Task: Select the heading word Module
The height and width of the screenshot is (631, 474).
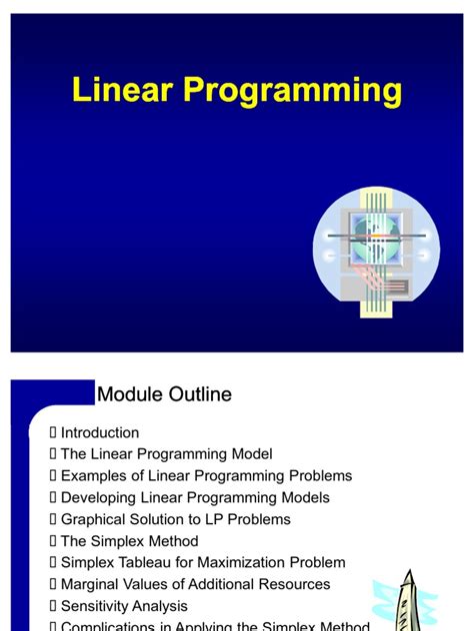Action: pos(129,394)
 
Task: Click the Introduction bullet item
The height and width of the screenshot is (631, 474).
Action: pos(100,432)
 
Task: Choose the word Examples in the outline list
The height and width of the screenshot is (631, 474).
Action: pos(94,476)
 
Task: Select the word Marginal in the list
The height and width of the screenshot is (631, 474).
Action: pos(92,584)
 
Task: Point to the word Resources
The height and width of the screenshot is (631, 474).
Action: pos(295,584)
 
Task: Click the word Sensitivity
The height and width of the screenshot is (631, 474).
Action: pos(97,606)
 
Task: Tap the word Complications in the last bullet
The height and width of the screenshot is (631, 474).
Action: pos(107,626)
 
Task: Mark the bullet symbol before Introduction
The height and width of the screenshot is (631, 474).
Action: pos(53,432)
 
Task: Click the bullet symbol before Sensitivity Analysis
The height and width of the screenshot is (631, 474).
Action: pos(53,606)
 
